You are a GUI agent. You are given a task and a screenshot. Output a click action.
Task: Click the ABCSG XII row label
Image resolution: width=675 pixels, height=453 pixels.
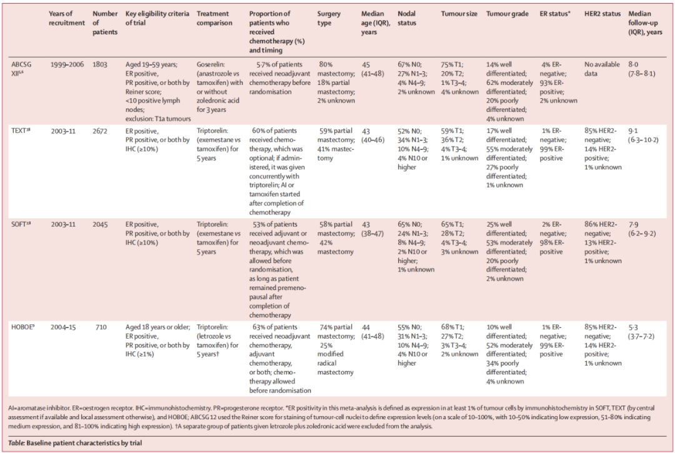21,69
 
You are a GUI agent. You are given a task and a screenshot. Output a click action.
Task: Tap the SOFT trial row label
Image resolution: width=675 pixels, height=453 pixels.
21,224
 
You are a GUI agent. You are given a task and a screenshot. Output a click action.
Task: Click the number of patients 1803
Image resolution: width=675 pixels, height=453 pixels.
100,64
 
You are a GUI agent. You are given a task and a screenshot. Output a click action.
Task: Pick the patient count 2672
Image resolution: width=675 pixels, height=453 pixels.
100,131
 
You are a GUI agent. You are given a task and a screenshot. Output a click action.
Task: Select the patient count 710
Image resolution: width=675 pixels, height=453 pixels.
101,327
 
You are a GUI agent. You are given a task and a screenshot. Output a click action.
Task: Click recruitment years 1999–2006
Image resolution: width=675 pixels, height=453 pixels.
67,64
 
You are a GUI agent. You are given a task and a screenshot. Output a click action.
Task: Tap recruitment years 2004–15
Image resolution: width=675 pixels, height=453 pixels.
63,327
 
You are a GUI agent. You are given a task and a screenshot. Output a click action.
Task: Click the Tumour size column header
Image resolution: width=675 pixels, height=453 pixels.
459,14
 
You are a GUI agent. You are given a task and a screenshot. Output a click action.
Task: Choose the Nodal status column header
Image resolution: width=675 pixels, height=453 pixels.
407,18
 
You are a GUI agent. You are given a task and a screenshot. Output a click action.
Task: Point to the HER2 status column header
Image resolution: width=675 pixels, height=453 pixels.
602,14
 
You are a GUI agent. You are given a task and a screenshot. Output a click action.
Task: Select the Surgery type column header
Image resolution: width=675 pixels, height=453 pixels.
329,18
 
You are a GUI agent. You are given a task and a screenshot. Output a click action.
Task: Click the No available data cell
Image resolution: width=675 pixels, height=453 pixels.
602,69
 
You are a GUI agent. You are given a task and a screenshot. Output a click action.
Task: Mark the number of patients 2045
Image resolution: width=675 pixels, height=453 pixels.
100,224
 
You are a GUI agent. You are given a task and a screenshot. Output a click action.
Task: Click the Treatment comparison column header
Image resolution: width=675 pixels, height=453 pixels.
214,18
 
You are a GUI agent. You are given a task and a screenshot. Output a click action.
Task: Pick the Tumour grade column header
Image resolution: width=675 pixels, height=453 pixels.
507,14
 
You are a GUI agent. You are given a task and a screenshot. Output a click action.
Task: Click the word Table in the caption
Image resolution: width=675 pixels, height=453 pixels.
16,442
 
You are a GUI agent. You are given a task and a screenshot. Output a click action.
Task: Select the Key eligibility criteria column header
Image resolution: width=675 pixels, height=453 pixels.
157,18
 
